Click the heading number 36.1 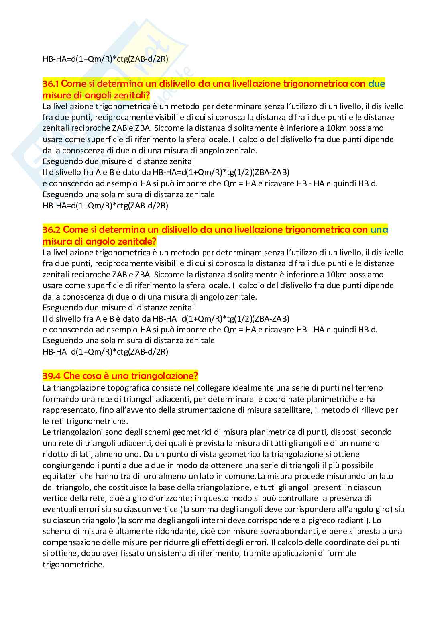(x=51, y=84)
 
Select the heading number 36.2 (x=51, y=230)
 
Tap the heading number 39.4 (x=51, y=376)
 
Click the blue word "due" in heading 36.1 (x=377, y=84)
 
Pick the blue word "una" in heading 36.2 (x=379, y=230)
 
